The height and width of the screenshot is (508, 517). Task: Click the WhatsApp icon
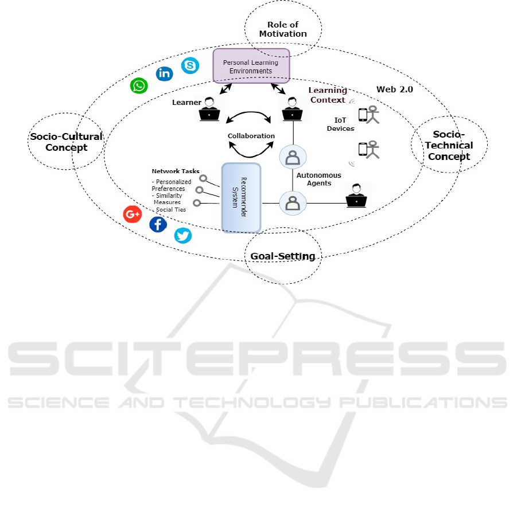coord(139,86)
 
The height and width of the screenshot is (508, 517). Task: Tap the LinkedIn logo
coord(165,73)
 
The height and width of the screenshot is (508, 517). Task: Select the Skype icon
coord(190,65)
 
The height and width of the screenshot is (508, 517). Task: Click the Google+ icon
coord(133,214)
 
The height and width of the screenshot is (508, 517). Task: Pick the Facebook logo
coord(158,224)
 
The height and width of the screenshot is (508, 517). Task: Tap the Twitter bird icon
coord(183,235)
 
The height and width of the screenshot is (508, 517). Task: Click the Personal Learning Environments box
coord(251,66)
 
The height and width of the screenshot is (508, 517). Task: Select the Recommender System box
coord(241,197)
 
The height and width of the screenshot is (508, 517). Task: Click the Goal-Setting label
coord(283,256)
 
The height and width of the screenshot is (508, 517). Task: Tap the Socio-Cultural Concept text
coord(66,142)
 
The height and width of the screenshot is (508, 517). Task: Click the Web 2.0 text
coord(394,89)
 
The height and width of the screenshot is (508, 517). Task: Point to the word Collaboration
coord(251,136)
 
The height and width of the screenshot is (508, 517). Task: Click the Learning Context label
coord(328,95)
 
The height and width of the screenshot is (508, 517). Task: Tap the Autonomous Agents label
coord(318,179)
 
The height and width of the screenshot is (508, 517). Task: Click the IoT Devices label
coord(344,124)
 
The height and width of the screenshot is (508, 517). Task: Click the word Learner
coord(186,103)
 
